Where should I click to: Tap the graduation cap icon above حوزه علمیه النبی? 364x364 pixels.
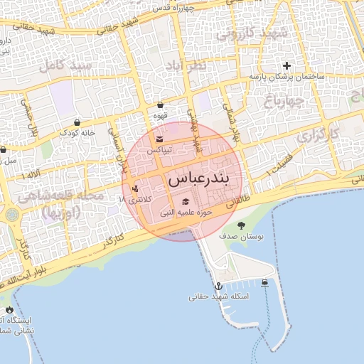(186, 201)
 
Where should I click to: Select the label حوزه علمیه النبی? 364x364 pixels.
(186, 212)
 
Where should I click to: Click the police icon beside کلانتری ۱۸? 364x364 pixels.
(135, 188)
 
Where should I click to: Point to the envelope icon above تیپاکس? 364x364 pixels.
(160, 139)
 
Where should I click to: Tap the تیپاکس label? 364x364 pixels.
(160, 151)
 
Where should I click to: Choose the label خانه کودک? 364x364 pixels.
(77, 133)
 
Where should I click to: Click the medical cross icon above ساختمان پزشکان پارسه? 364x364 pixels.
(287, 65)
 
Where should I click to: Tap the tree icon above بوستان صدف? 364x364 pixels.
(241, 225)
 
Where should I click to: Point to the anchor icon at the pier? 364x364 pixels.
(219, 285)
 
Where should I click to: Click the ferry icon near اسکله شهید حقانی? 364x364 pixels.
(264, 283)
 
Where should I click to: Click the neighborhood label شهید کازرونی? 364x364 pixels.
(252, 33)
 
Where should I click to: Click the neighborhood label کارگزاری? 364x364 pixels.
(316, 133)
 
